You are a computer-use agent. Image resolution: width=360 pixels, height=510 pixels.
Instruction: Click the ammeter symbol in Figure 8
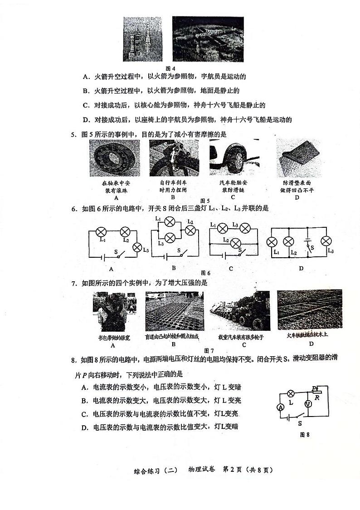click(281, 408)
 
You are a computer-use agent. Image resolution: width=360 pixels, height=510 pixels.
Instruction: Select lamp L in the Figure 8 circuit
click(292, 393)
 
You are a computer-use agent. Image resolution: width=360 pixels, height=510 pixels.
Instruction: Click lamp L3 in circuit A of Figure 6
click(138, 247)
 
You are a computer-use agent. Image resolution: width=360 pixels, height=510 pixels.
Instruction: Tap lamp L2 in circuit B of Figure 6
click(190, 230)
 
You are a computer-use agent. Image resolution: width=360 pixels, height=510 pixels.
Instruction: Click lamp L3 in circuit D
click(325, 241)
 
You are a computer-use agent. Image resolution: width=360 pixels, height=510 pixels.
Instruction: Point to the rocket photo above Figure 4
click(143, 39)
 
